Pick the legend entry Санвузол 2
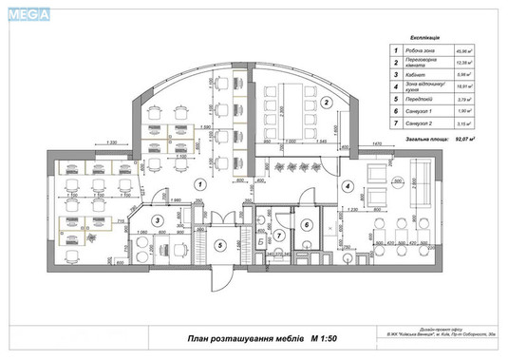click(x=423, y=122)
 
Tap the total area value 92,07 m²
click(x=465, y=140)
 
